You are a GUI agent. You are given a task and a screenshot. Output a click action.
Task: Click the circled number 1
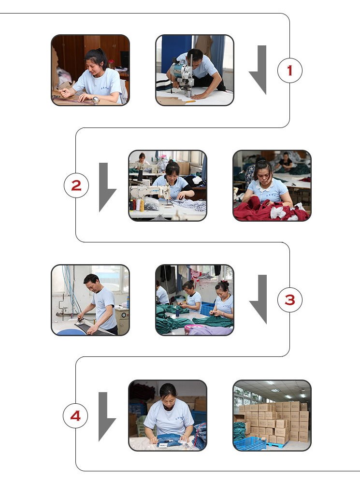[x=290, y=71]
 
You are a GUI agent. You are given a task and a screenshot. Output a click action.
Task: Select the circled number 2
[x=76, y=185]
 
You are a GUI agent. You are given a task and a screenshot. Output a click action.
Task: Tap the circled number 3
[x=290, y=300]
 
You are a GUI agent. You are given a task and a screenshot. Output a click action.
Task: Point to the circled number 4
[x=75, y=416]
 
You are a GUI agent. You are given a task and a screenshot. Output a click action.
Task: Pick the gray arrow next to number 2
[x=105, y=187]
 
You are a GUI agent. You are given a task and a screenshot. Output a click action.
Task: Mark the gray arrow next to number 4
[x=105, y=417]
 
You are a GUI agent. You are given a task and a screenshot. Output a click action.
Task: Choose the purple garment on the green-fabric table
[x=209, y=330]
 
